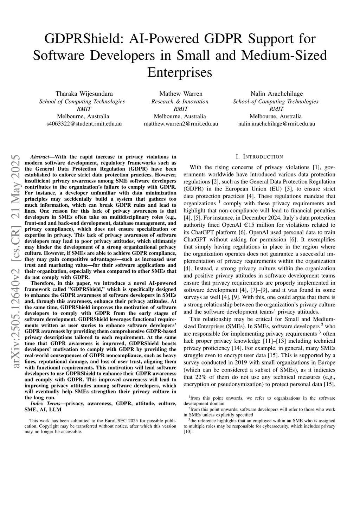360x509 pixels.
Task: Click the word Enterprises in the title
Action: (180, 72)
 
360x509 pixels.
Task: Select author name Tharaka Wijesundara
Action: (84, 94)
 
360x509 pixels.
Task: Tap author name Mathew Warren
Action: (181, 94)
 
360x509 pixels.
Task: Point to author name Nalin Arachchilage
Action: (276, 94)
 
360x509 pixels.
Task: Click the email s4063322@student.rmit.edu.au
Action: (84, 124)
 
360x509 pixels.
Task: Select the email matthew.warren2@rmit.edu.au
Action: (181, 124)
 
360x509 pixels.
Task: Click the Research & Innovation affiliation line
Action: (180, 102)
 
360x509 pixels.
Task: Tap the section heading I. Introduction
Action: (259, 157)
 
